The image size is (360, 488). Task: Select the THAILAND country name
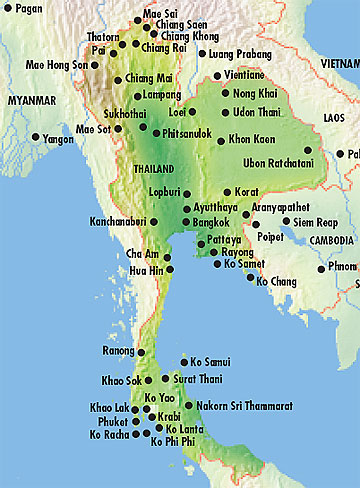[153, 169]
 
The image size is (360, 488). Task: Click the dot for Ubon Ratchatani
[308, 150]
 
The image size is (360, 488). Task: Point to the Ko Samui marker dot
[181, 362]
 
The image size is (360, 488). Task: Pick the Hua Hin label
[145, 270]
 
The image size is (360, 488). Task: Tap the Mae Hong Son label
[58, 65]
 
